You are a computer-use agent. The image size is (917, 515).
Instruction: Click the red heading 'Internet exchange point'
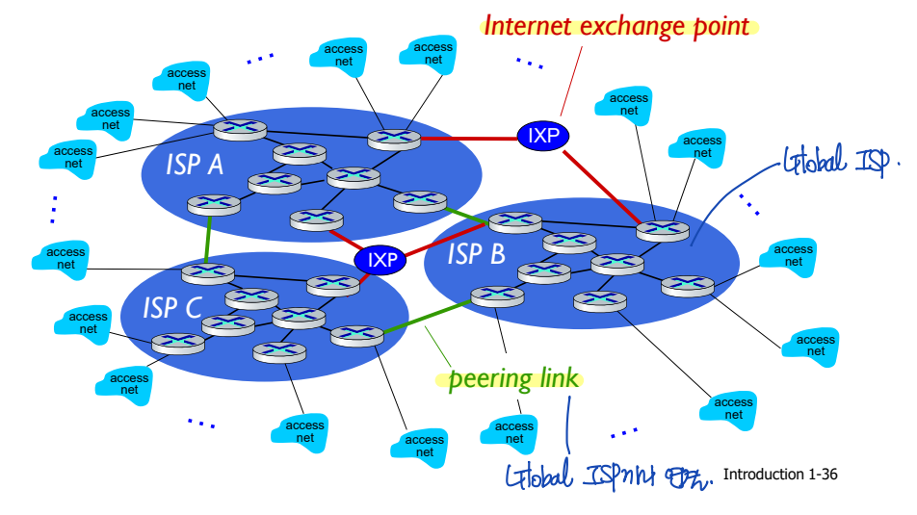[616, 26]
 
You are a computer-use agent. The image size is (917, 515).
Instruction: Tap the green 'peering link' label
[514, 378]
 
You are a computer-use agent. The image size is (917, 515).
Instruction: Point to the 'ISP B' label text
[476, 254]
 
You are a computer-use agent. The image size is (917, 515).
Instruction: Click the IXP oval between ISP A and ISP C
[382, 259]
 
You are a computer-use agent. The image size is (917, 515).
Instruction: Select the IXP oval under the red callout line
[543, 136]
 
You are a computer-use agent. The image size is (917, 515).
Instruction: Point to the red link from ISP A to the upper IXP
[468, 139]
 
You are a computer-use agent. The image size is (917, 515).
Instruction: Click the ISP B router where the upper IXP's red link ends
[664, 229]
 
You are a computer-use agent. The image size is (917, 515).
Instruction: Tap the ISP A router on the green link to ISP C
[213, 204]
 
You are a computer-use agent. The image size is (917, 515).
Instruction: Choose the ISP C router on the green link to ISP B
[356, 335]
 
